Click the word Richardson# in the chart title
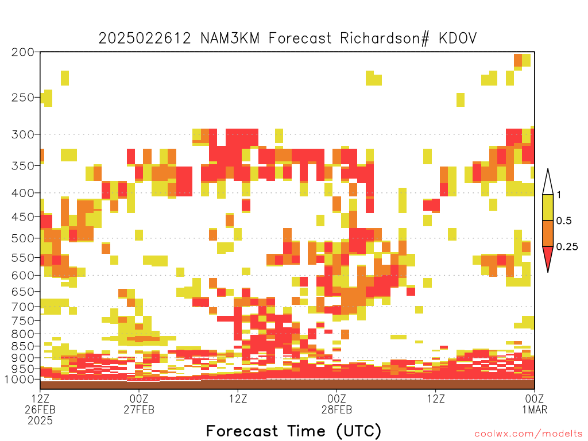pos(384,38)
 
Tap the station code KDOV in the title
pos(458,38)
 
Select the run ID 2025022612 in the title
pos(145,38)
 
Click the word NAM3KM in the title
pos(230,38)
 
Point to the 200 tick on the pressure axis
pos(23,52)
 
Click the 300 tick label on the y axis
pos(23,134)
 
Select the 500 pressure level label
pos(23,238)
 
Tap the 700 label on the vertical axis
pos(23,307)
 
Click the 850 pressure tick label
pos(23,346)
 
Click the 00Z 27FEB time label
pos(139,404)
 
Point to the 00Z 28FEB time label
pos(336,404)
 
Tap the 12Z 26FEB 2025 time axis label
pos(40,409)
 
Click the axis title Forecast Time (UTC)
pos(293,431)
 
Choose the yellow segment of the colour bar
pos(548,207)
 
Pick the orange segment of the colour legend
pos(548,233)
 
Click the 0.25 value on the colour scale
pos(567,247)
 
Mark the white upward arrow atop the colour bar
pos(548,182)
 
